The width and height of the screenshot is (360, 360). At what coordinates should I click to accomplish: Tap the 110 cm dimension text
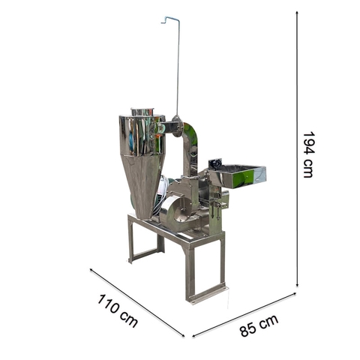click(x=117, y=310)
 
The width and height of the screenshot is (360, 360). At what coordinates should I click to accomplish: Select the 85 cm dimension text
click(x=259, y=325)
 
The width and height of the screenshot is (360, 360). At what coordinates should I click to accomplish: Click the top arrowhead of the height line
click(x=297, y=13)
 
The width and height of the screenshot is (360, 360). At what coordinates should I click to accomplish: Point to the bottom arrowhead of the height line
click(x=297, y=285)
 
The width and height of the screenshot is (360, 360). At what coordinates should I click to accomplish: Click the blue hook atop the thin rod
click(x=170, y=19)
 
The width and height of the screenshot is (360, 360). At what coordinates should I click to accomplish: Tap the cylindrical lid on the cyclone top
click(x=142, y=112)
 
